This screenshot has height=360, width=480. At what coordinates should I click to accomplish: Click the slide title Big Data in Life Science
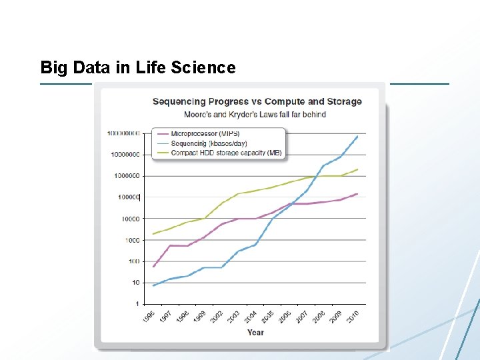138,67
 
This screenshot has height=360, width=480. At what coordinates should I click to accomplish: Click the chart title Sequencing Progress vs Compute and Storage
257,101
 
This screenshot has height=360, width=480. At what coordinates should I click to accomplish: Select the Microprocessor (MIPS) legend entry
205,133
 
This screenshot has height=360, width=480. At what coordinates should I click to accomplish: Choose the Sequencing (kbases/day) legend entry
209,143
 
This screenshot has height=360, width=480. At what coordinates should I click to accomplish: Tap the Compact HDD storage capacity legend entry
226,153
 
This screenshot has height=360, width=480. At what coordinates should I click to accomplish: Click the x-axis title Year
255,332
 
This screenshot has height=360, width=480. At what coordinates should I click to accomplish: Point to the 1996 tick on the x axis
150,315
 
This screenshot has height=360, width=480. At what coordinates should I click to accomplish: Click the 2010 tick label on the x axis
353,315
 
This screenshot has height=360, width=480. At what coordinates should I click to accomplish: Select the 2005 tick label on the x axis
268,315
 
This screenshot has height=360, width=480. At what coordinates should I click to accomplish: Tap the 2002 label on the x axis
217,315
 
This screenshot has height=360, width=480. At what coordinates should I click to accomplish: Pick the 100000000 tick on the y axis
123,133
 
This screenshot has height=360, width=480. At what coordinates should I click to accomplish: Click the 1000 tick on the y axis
132,240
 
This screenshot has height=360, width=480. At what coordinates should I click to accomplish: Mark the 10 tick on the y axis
136,283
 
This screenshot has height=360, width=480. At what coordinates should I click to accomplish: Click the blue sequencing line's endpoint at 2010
357,137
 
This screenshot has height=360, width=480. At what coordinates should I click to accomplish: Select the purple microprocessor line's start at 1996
154,267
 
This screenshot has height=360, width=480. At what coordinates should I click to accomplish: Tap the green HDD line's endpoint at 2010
357,169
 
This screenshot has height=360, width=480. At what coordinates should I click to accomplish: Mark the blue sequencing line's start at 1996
154,285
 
